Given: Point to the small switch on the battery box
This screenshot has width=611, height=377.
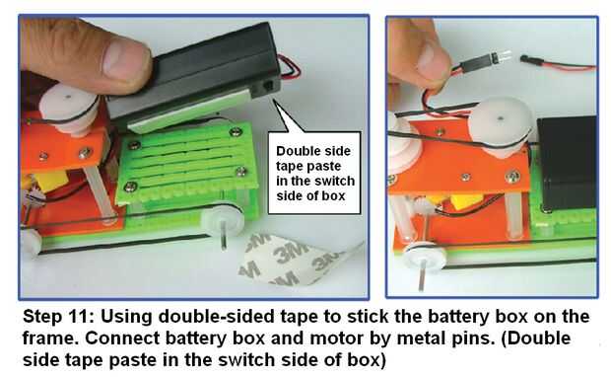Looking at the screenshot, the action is tap(269, 84).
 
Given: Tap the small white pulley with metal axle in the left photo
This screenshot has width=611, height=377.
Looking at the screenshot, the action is tap(222, 222).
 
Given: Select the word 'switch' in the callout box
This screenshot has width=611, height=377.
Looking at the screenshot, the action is tap(334, 181).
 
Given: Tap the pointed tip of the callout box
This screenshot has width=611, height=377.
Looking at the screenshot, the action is tap(274, 100).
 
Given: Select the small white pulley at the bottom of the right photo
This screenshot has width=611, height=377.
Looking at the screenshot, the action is tap(426, 256).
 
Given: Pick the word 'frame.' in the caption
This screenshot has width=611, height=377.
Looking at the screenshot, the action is tap(51, 338).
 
